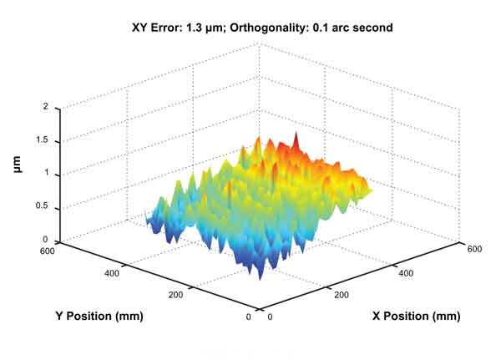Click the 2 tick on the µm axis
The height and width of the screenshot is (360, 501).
pos(47,108)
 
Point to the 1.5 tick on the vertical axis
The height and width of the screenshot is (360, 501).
pos(42,141)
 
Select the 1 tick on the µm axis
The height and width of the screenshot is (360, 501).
pos(47,174)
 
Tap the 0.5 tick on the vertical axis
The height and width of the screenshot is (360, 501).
pos(42,207)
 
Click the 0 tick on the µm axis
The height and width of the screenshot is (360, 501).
pos(47,239)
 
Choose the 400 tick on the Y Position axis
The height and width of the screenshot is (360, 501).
pos(114,271)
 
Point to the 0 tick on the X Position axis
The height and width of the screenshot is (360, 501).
pos(266,318)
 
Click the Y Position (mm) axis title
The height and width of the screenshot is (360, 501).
pos(99,316)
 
